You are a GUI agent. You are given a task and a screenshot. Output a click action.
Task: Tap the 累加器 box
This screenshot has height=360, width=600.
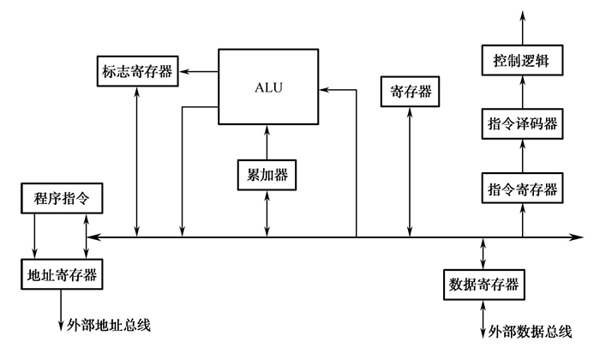click(267, 175)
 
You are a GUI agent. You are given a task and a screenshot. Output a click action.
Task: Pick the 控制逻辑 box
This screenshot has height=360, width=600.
click(522, 62)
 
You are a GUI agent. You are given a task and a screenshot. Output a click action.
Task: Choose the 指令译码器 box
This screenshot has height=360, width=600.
click(522, 125)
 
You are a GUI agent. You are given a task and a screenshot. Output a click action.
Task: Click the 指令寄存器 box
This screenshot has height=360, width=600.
click(522, 189)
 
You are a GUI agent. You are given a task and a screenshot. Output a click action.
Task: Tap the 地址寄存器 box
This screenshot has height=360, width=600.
click(60, 275)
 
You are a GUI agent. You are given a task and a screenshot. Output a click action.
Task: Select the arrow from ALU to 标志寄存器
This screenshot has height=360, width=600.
click(201, 70)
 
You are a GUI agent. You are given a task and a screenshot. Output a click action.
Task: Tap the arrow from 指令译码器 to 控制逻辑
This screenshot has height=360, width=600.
click(522, 93)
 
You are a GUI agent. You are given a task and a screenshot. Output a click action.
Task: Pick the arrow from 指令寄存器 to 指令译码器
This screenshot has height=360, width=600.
click(522, 157)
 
